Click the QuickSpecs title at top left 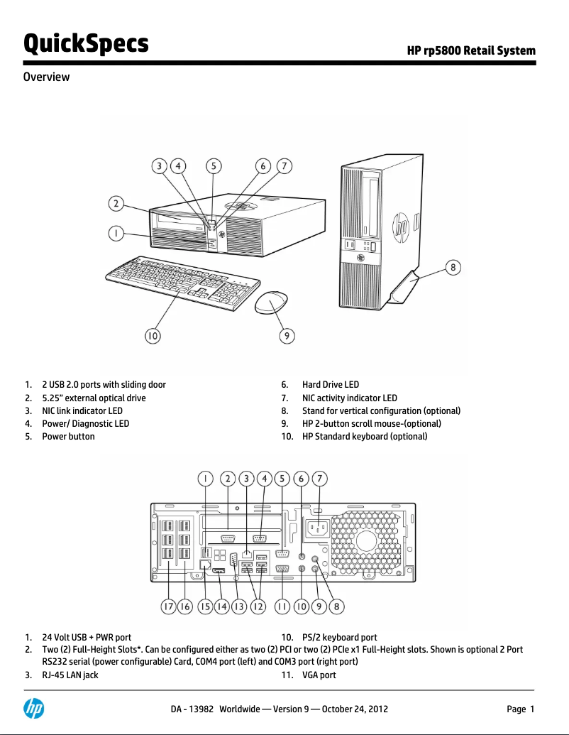pos(86,43)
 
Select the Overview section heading pos(47,77)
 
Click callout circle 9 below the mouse pos(284,335)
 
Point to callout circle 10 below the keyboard pos(153,335)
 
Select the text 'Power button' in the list pos(68,436)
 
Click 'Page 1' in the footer pos(519,709)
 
